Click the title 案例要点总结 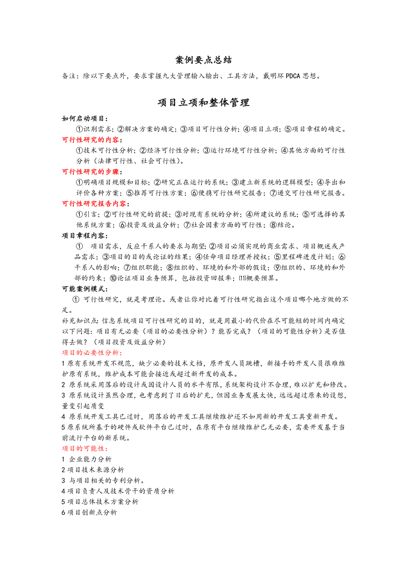[x=203, y=60]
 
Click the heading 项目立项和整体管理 [x=203, y=103]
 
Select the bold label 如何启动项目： [x=85, y=118]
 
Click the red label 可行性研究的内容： [x=93, y=140]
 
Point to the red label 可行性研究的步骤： [x=93, y=172]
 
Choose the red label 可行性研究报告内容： [x=96, y=204]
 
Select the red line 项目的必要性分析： [x=92, y=352]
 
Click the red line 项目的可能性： [x=83, y=448]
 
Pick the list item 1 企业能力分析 [x=87, y=459]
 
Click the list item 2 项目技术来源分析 [x=93, y=470]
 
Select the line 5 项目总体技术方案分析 [x=100, y=502]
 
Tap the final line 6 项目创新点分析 [x=89, y=512]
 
